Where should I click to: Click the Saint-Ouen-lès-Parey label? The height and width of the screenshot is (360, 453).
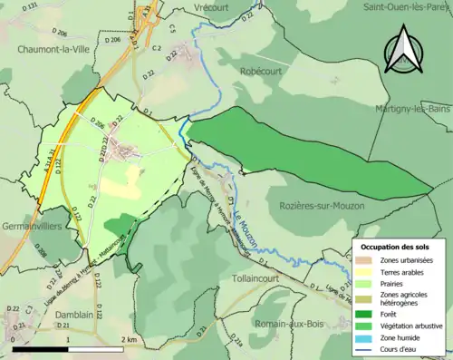pos(407,6)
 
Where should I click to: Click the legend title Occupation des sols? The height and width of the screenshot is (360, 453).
pos(395,247)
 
